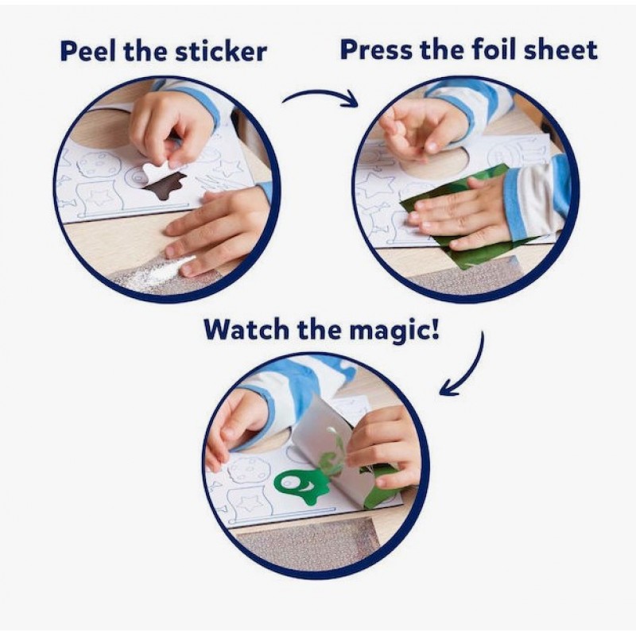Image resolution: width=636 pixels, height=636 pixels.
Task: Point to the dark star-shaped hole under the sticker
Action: (164, 187)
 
